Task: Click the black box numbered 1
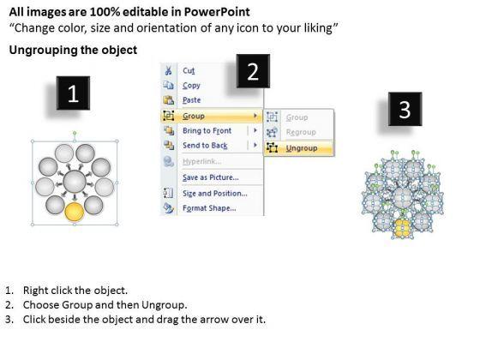coord(73,93)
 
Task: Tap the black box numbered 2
coord(253,71)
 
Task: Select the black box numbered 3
coord(405,109)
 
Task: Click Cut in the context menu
coord(189,70)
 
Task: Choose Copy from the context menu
coord(191,86)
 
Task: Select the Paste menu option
coord(192,100)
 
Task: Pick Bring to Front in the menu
coord(207,130)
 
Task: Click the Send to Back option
coord(205,146)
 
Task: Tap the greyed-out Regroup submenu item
coord(301,132)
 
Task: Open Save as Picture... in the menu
coord(211,177)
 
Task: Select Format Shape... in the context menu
coord(209,208)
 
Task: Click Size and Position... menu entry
coord(215,194)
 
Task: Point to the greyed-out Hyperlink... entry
coord(202,161)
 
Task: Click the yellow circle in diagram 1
coord(75,212)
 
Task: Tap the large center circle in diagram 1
coord(75,182)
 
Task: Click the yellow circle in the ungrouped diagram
coord(403,228)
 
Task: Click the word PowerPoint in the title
coord(217,12)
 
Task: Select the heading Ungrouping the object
coord(73,50)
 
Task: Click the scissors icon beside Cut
coord(168,70)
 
